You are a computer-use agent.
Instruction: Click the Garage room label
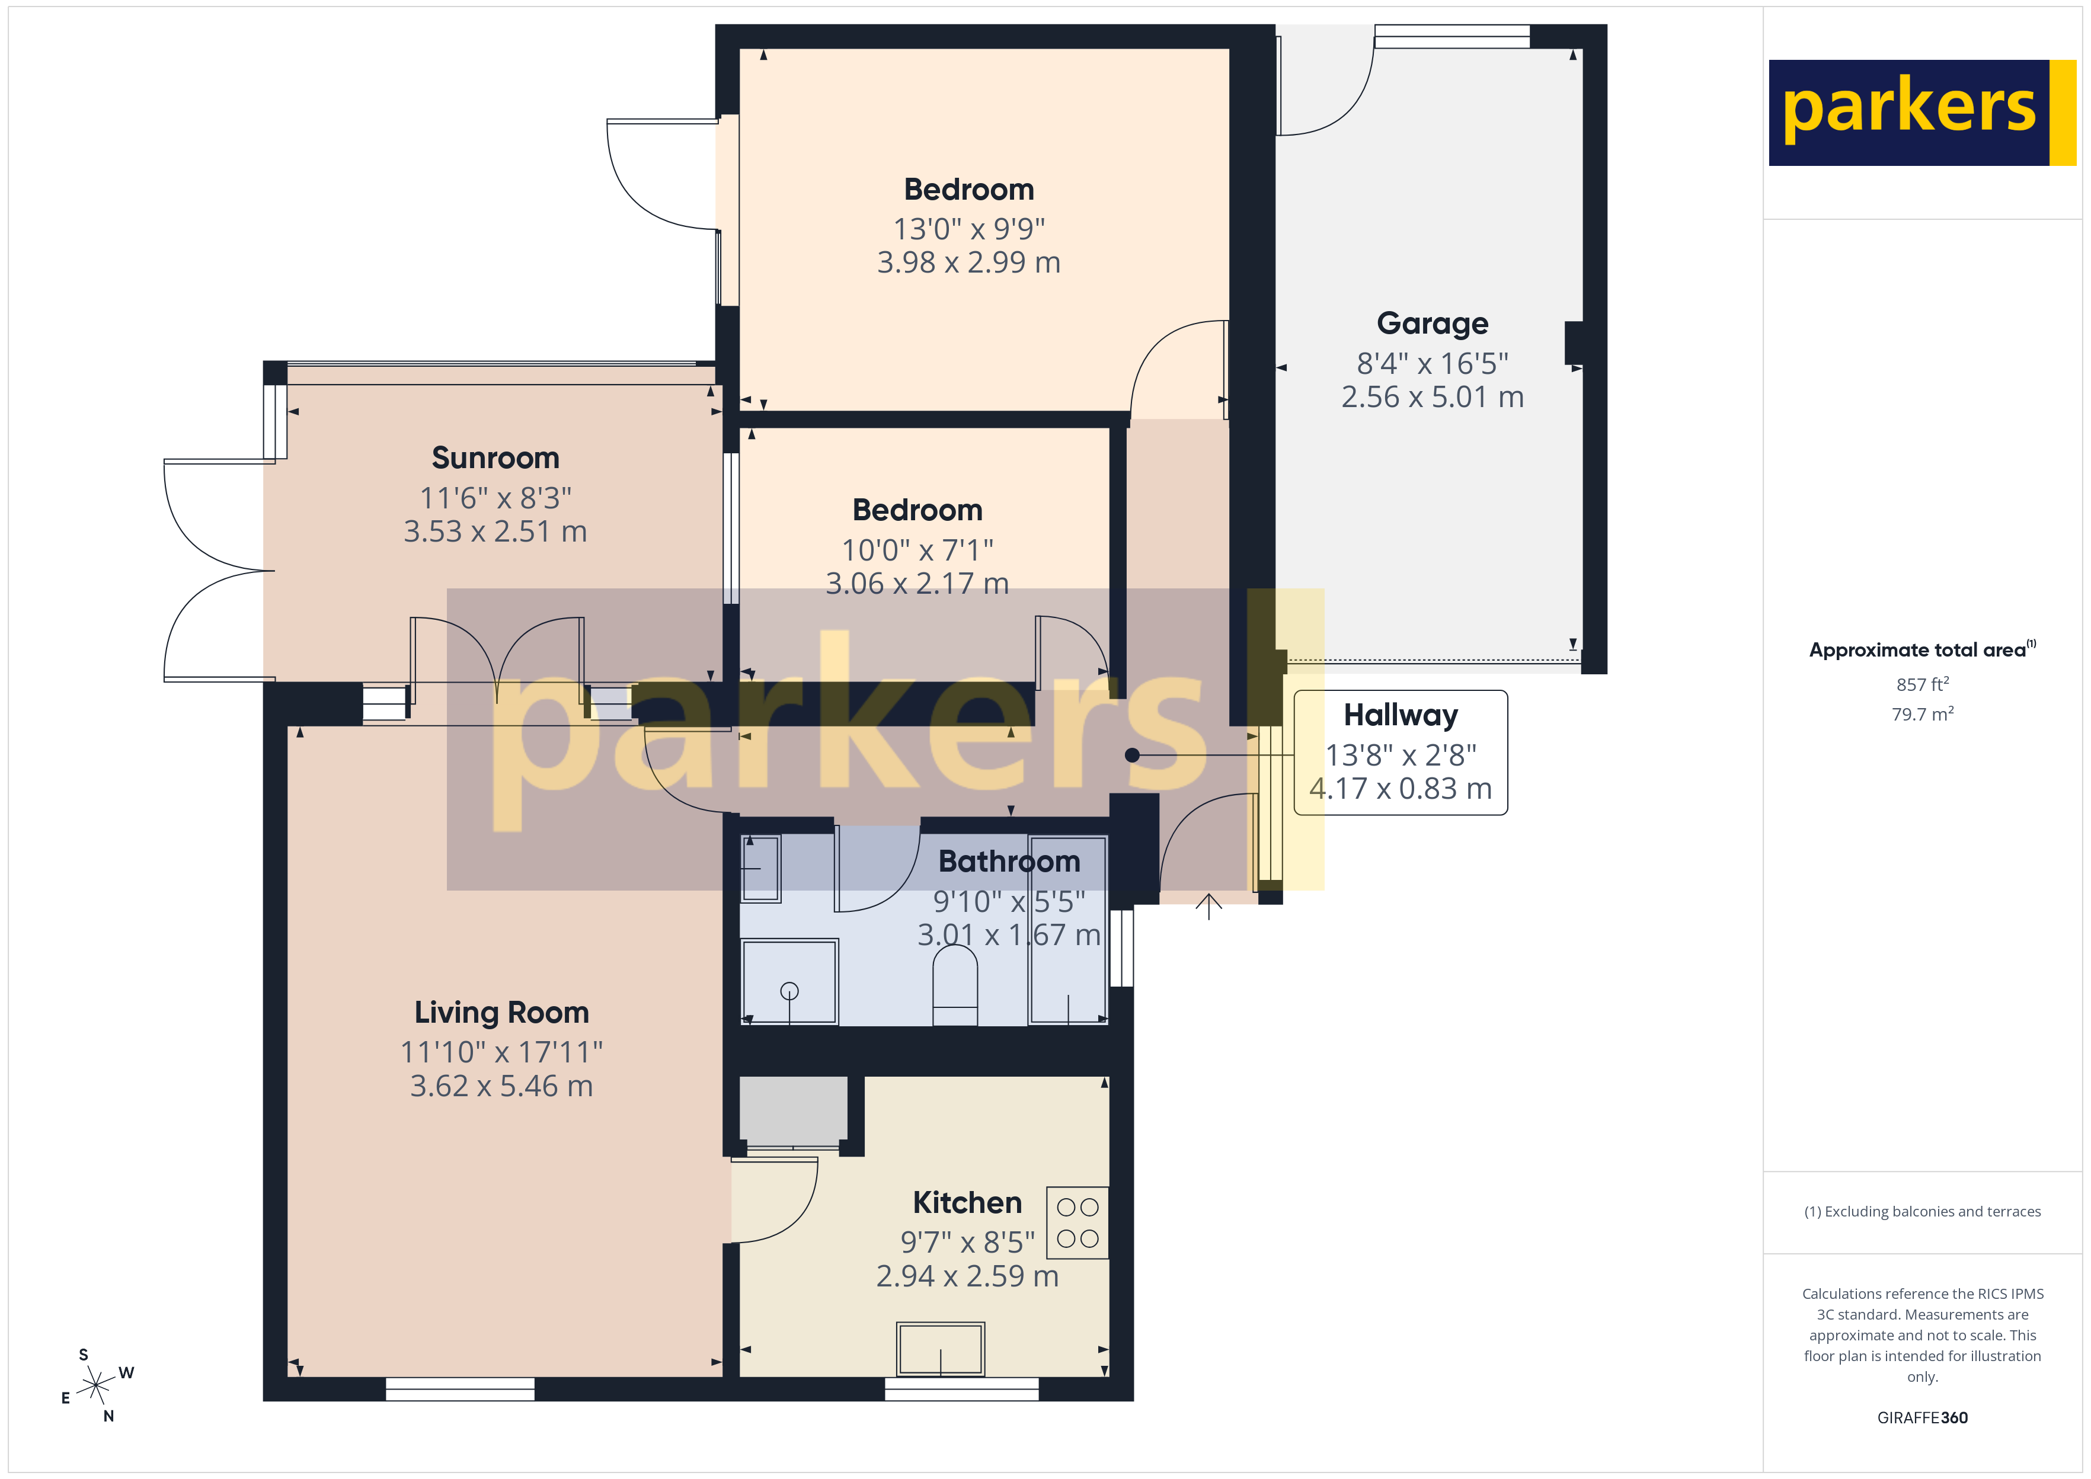click(x=1432, y=324)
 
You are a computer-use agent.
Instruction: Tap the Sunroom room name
click(x=495, y=458)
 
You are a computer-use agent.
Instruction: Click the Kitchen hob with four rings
click(x=1078, y=1222)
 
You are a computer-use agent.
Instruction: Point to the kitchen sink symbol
click(x=941, y=1348)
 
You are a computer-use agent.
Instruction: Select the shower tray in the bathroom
click(x=789, y=982)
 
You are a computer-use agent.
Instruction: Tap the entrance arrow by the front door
click(x=1208, y=906)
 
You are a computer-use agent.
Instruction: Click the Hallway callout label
click(x=1400, y=716)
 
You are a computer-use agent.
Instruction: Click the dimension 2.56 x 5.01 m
click(x=1432, y=397)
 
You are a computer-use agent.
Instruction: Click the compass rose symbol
click(x=95, y=1386)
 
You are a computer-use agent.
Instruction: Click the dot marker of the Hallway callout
click(x=1132, y=755)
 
